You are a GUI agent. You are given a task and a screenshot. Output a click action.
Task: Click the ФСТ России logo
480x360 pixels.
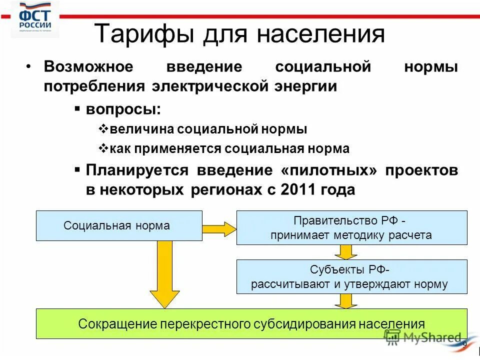click(35, 19)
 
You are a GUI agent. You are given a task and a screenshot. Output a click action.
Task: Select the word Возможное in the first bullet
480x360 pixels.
click(88, 67)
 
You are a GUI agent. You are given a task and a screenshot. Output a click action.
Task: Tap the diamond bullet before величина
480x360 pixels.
click(104, 129)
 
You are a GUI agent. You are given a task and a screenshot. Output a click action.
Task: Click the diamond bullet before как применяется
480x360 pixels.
click(104, 148)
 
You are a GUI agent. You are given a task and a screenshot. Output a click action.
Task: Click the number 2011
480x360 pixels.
click(300, 190)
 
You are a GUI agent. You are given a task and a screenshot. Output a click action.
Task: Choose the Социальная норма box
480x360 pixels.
click(118, 225)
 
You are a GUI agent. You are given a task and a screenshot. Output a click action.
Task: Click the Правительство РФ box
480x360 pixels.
click(351, 227)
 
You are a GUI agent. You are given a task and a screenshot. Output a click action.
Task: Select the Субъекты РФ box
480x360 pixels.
click(351, 276)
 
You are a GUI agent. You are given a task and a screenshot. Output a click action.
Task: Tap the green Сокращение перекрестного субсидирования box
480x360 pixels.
click(251, 323)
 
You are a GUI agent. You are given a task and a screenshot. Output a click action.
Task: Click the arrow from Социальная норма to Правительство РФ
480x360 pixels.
click(219, 228)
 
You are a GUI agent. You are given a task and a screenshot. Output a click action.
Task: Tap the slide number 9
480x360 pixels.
click(464, 345)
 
